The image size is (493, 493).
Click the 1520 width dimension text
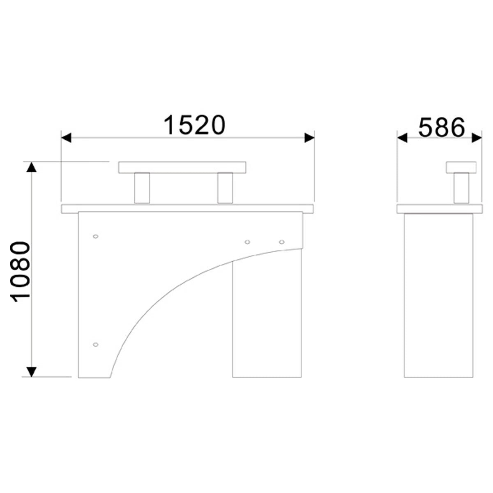[195, 125]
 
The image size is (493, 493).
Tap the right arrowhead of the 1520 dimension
[309, 138]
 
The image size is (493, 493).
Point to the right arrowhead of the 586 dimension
[477, 138]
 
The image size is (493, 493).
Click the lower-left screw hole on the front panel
[95, 344]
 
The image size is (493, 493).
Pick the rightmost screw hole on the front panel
[281, 242]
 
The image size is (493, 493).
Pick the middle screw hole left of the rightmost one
[247, 242]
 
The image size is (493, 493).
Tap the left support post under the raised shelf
[142, 188]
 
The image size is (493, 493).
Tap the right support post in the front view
[225, 188]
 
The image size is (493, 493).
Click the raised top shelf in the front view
[182, 167]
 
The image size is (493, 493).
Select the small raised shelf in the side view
[461, 167]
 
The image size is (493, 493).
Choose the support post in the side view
[461, 188]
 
